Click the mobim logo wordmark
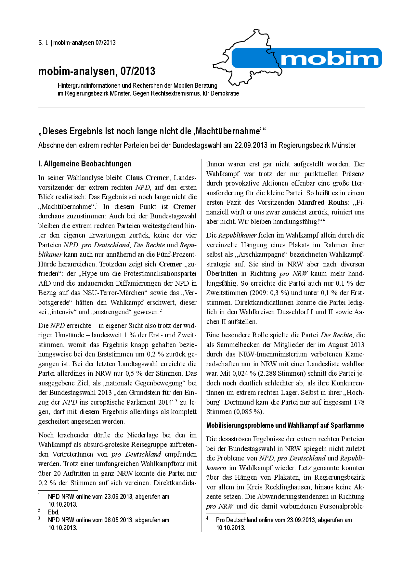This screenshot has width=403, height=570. click(329, 59)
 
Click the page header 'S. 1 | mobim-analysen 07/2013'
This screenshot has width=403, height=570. click(77, 43)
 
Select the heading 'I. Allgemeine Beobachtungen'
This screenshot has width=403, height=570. click(85, 164)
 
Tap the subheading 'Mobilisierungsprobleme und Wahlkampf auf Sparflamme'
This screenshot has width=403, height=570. click(285, 425)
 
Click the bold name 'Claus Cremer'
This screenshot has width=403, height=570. click(147, 178)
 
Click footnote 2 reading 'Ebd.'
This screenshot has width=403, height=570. click(53, 512)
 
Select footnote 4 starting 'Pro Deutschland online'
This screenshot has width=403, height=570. click(284, 520)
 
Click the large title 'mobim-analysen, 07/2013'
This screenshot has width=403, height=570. click(97, 71)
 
